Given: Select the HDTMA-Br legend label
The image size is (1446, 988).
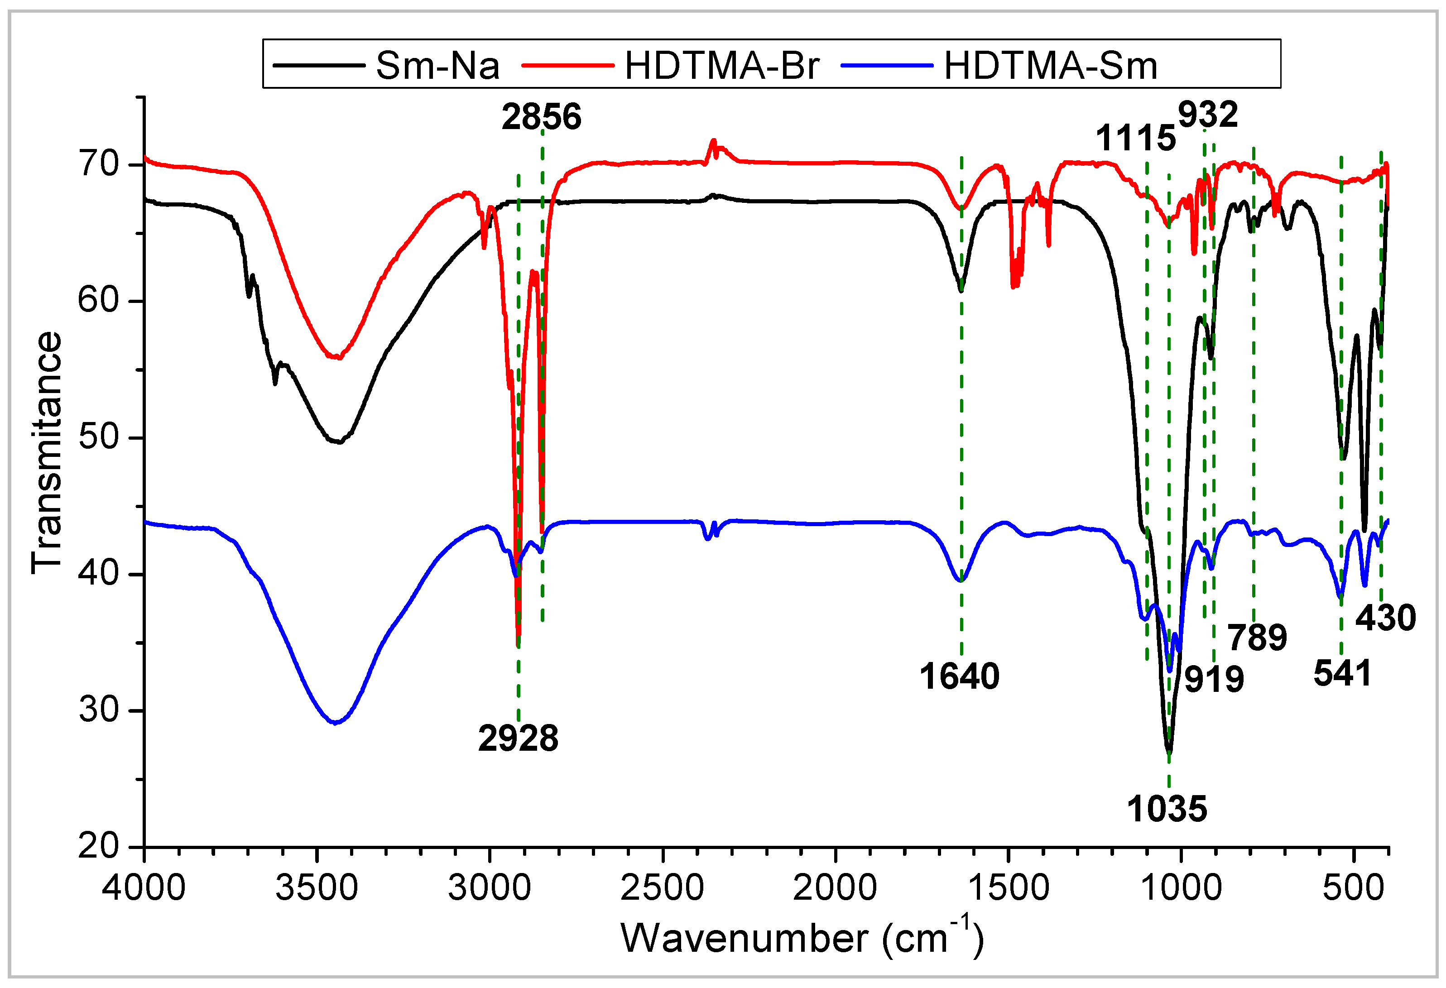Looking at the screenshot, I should pos(722,65).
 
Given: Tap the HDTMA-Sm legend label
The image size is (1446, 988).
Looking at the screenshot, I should pos(1050,65).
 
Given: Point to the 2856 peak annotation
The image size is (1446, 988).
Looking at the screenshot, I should pos(541,117).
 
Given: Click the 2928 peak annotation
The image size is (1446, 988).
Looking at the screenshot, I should pos(518,739).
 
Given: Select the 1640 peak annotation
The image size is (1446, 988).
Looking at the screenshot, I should pos(960,676).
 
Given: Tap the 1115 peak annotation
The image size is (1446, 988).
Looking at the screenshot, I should pos(1135,138).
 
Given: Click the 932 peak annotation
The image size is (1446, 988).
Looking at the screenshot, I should pos(1208,115).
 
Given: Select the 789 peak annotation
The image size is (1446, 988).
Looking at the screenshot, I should pos(1257,638).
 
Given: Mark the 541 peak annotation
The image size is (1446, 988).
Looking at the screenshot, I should pos(1342,673).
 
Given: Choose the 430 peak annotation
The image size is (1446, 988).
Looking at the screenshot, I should pos(1386,618).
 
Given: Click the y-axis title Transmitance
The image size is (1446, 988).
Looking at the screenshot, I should pos(47,452).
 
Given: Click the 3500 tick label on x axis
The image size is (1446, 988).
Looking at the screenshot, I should pos(317,887).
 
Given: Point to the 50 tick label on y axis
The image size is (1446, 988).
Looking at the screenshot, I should pos(98,437).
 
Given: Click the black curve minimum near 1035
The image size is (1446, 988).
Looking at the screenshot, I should pos(1168,752).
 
